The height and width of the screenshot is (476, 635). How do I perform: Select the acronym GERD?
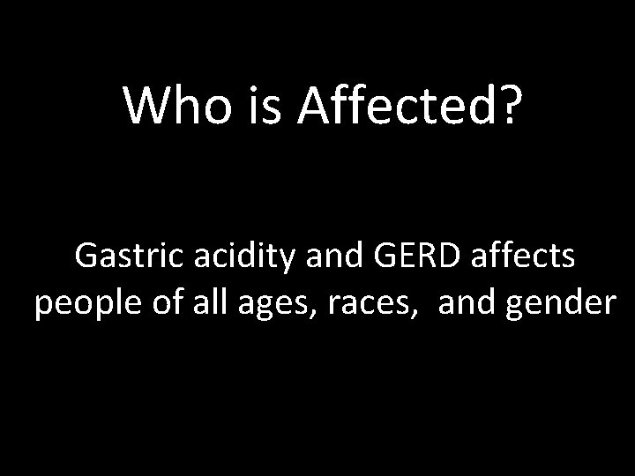[418, 257]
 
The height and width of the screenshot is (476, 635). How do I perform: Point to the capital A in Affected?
[314, 106]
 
